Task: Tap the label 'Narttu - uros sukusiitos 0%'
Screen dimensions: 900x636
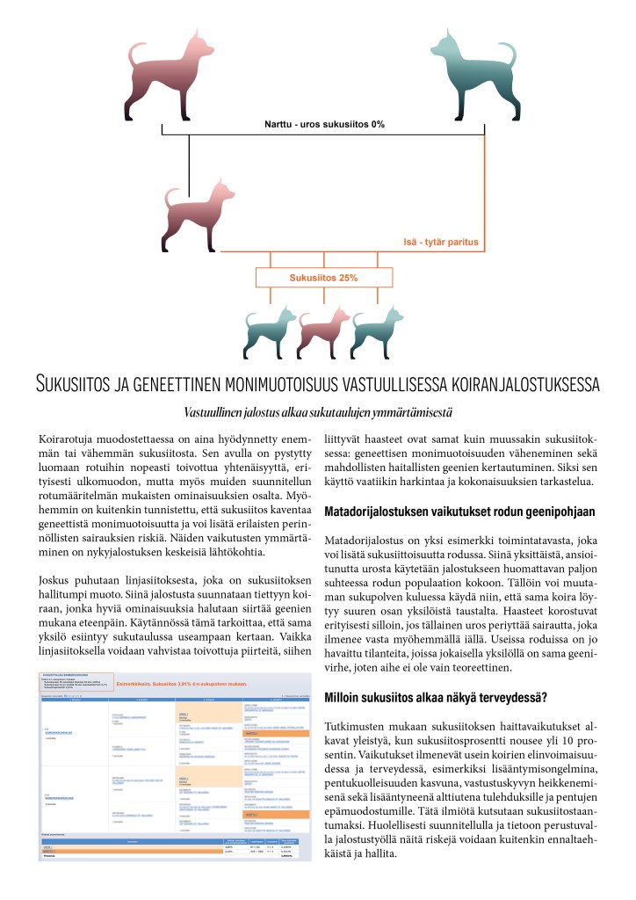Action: [324, 124]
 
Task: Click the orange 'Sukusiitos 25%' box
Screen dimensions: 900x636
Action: [323, 278]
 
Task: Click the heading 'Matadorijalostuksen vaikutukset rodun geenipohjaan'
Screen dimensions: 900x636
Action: [460, 512]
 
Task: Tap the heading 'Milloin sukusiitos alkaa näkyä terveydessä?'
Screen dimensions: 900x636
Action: [437, 698]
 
